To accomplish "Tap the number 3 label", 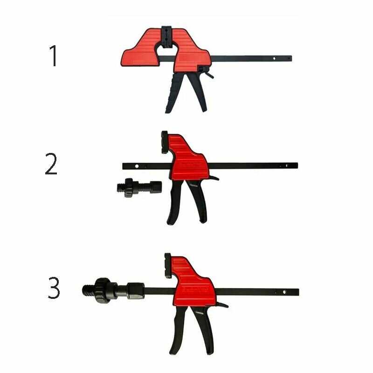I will tap(54, 289).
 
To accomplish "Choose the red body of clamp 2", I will tap(189, 159).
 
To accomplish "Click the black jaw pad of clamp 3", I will tap(168, 266).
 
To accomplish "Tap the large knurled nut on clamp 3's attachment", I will tap(102, 290).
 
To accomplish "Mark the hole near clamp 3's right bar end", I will tap(284, 292).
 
